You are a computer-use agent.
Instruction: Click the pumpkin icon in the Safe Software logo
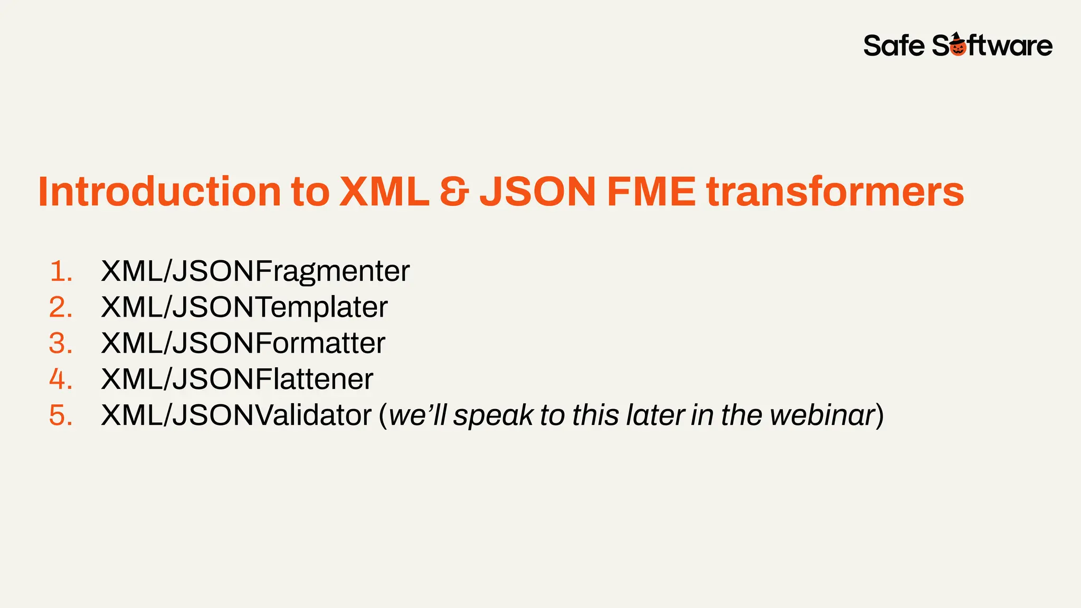[x=958, y=46]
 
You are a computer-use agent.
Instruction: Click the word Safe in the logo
[x=894, y=46]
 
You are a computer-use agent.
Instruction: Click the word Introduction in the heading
[x=159, y=191]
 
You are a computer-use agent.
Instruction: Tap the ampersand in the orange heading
[x=454, y=191]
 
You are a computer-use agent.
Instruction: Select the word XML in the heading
[x=384, y=191]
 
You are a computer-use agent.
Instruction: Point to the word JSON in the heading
[x=538, y=191]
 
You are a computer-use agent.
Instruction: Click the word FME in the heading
[x=651, y=191]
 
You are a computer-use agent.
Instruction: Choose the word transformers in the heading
[x=835, y=191]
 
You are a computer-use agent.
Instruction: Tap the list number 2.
[x=61, y=308]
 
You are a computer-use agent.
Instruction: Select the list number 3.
[x=61, y=344]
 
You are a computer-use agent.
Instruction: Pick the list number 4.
[x=61, y=379]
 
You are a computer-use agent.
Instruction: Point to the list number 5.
[x=61, y=415]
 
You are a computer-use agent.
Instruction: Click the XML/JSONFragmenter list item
[x=255, y=272]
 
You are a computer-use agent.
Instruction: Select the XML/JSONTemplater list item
[x=244, y=308]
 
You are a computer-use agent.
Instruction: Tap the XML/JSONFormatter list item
[x=243, y=344]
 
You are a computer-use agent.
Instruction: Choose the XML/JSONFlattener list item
[x=237, y=379]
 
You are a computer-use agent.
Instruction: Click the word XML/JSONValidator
[x=236, y=415]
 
